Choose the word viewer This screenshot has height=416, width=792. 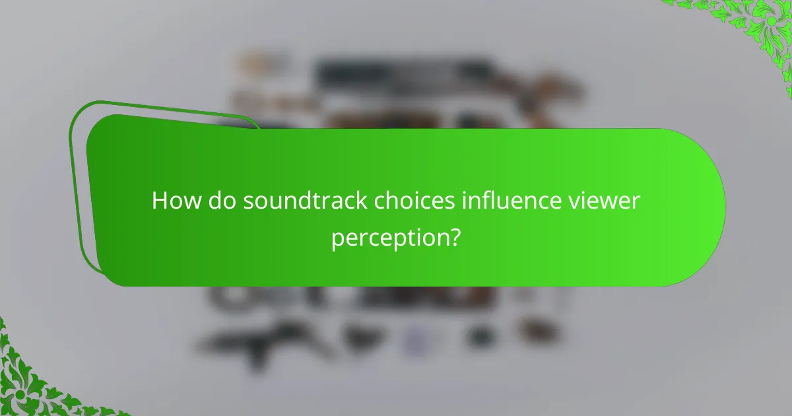click(x=608, y=200)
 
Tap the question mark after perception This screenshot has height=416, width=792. click(x=453, y=236)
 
